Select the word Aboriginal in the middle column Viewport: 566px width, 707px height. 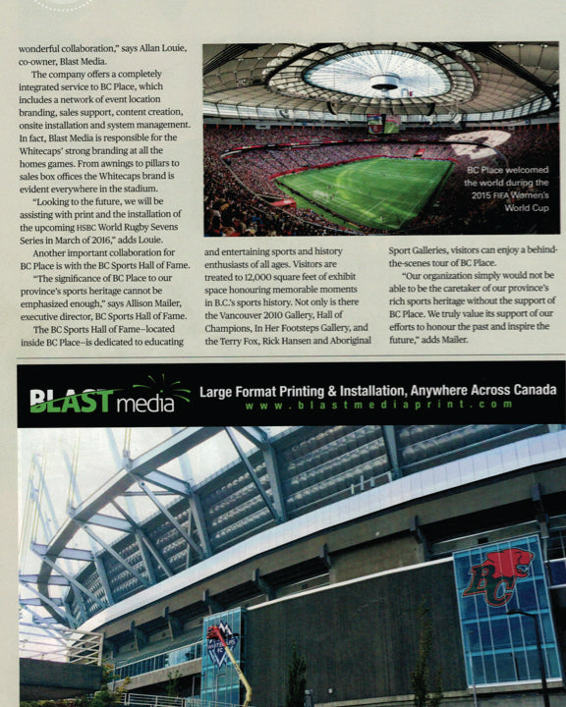[342, 340]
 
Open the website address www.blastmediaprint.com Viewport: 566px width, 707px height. [378, 405]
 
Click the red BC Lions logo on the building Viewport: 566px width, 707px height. [497, 577]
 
